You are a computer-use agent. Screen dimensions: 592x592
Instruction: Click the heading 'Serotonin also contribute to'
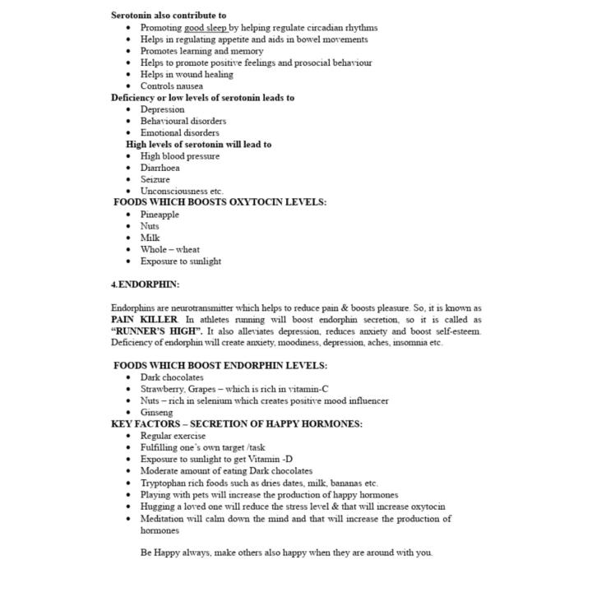[169, 15]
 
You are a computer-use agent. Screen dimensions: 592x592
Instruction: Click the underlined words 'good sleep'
[206, 27]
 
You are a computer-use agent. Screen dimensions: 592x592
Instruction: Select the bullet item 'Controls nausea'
[171, 86]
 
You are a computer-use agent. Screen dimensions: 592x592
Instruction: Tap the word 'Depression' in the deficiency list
[162, 109]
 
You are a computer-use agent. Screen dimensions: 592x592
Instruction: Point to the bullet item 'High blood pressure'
[179, 156]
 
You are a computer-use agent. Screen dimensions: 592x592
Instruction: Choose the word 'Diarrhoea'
[160, 168]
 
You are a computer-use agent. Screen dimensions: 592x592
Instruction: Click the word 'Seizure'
[155, 179]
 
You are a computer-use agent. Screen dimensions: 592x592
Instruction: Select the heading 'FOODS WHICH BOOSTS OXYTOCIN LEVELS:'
[220, 202]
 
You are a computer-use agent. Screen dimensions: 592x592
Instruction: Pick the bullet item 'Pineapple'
[159, 215]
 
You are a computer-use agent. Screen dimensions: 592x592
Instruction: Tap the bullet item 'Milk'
[150, 238]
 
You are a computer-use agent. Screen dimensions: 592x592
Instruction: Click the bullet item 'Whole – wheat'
[169, 249]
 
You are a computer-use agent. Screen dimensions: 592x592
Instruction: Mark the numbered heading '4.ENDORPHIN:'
[146, 284]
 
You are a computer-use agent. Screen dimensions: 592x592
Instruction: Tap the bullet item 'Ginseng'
[156, 412]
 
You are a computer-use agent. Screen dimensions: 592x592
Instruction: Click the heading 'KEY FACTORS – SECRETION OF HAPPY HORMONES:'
[237, 424]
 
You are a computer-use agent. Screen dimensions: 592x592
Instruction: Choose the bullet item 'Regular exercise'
[173, 436]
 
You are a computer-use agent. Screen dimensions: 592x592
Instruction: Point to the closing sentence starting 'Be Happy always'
[285, 553]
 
